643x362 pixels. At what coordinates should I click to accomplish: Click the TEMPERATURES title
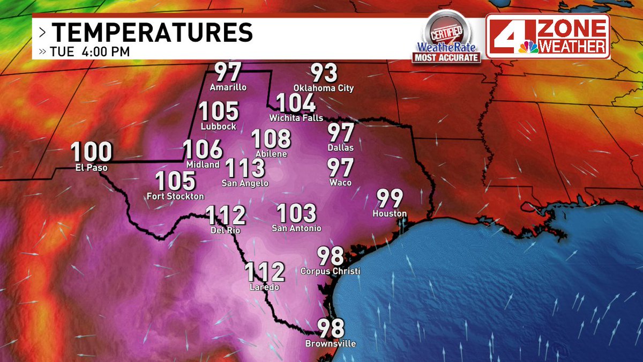152,33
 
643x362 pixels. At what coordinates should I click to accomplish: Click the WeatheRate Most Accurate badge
446,38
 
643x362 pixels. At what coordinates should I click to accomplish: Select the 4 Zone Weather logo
548,36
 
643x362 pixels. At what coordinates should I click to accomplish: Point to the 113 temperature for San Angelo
245,168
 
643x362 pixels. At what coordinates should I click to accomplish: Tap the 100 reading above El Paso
92,152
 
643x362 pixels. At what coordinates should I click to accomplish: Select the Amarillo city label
228,87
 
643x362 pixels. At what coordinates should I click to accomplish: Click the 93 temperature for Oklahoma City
324,73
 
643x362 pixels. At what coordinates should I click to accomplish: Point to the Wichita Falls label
297,117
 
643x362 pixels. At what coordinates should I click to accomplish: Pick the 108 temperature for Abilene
271,139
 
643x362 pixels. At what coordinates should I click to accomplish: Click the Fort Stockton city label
175,196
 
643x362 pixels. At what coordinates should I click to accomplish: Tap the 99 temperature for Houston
390,198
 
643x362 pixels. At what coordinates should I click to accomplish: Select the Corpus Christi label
330,271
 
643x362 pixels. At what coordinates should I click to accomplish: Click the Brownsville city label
330,343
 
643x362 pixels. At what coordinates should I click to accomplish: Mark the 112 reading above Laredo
265,272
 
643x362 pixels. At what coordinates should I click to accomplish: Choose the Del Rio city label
226,231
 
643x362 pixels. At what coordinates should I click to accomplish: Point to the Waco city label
341,183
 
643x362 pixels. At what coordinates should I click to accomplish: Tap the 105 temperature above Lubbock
219,112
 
